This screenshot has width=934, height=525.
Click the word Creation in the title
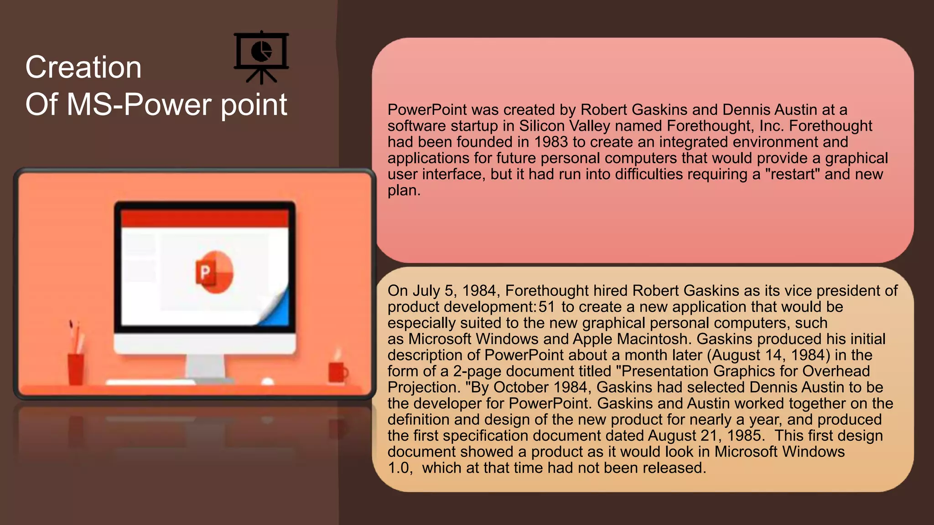point(83,67)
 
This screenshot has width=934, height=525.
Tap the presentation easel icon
point(261,57)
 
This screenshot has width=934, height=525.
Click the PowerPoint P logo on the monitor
point(214,272)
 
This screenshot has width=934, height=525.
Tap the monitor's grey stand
point(205,367)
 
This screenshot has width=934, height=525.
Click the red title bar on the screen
point(205,218)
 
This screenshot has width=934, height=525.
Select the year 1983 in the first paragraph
point(550,142)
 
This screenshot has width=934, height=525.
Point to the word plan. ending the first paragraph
point(404,190)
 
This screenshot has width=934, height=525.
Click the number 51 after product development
point(546,307)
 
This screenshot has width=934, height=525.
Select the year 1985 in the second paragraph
point(745,436)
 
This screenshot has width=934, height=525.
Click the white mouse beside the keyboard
point(268,381)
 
